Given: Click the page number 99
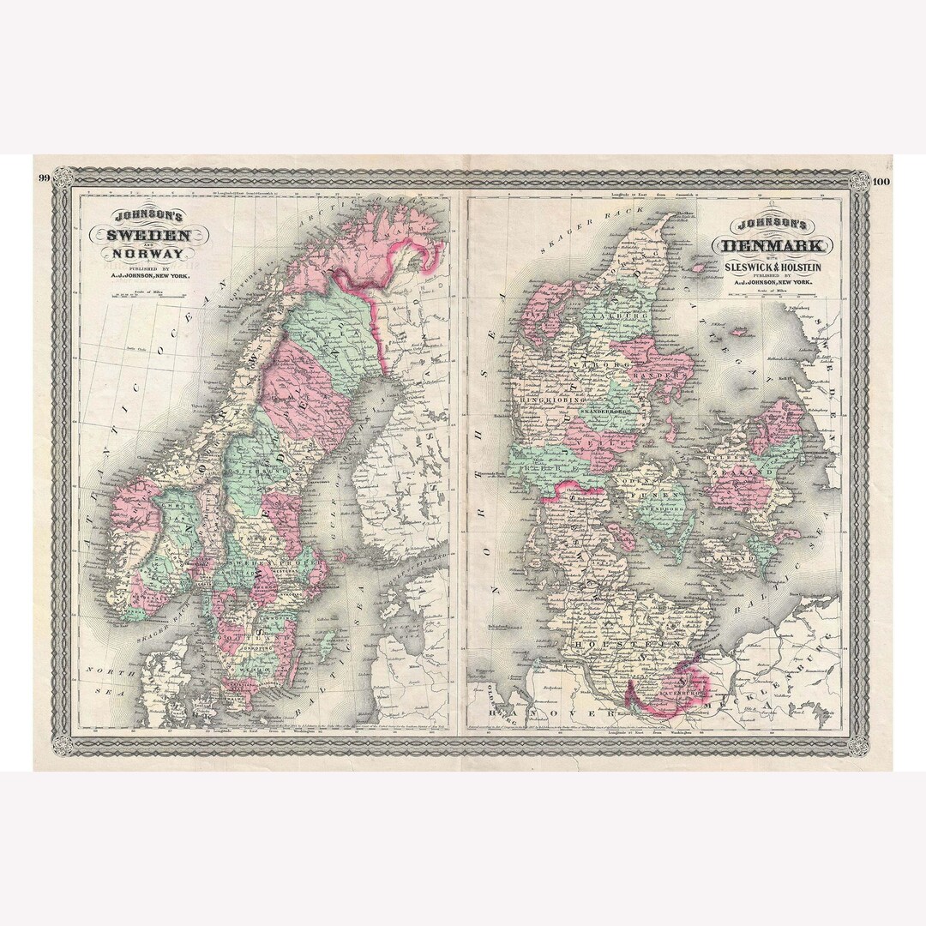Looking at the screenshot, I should (x=42, y=178).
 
